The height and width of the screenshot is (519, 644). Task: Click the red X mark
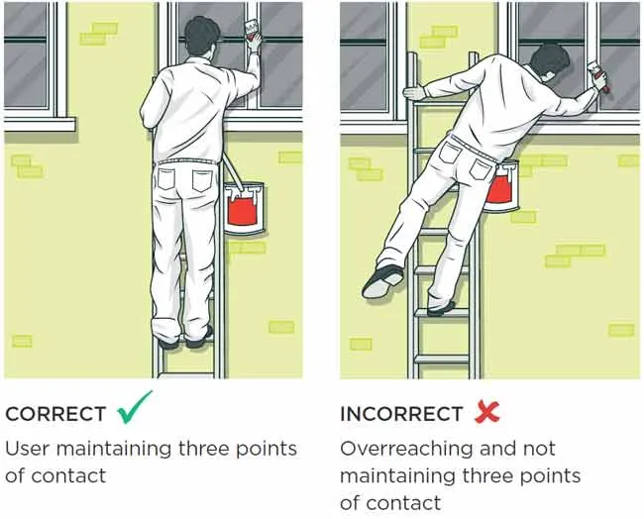(x=487, y=411)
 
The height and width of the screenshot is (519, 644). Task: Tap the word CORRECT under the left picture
(x=55, y=414)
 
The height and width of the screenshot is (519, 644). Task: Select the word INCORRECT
(x=401, y=414)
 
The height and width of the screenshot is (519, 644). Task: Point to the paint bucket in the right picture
(x=501, y=187)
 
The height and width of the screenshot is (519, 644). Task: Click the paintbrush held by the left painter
(x=251, y=30)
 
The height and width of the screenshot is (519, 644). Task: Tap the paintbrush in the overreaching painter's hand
(x=598, y=75)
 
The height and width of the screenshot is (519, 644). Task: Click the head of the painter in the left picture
(x=200, y=38)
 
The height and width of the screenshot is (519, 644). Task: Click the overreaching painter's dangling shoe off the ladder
(x=382, y=281)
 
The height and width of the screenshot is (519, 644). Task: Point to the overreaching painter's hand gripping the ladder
(x=415, y=92)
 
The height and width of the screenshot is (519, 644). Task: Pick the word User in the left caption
(x=28, y=449)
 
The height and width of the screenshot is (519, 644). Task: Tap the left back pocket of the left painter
(x=166, y=178)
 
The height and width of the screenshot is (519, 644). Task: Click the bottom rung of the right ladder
(x=441, y=359)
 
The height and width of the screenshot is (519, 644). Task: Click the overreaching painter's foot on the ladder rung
(x=441, y=307)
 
